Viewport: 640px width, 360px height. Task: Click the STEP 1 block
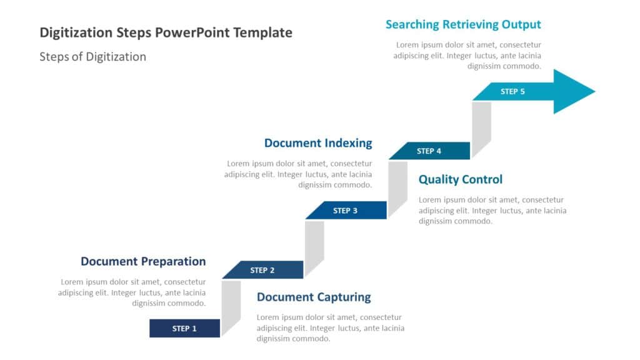(x=184, y=328)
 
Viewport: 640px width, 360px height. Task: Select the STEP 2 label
(x=262, y=270)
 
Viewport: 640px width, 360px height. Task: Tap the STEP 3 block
(x=345, y=211)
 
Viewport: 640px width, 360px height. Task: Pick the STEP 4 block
(x=429, y=151)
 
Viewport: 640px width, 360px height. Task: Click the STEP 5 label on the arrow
(x=512, y=91)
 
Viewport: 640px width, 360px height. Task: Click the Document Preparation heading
(x=143, y=261)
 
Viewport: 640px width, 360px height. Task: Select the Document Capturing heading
(x=314, y=297)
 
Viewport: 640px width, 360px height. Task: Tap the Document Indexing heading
(x=317, y=142)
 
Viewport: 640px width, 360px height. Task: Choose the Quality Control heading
(x=460, y=179)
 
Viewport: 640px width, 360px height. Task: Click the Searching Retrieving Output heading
(x=463, y=24)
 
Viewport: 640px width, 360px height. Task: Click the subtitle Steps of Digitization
(x=92, y=57)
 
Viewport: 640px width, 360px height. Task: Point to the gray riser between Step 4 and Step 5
(x=481, y=128)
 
